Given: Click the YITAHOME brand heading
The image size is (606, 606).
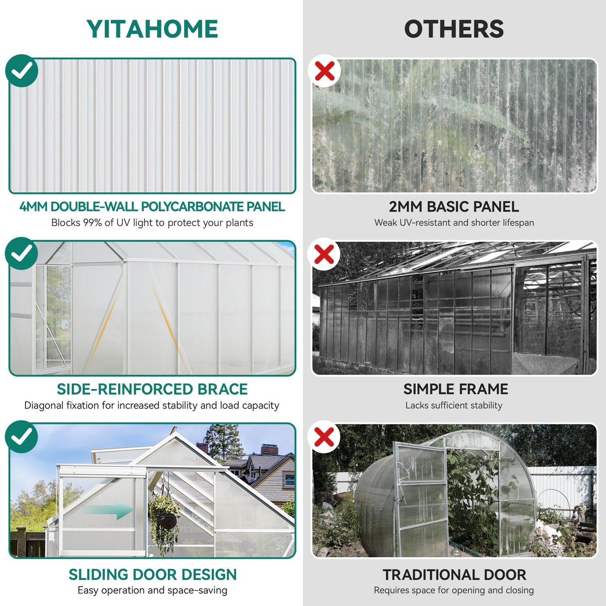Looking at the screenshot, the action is click(x=152, y=29).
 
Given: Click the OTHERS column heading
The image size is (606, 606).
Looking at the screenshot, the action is click(x=454, y=29).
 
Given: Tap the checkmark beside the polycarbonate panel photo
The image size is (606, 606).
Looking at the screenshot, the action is click(x=22, y=71).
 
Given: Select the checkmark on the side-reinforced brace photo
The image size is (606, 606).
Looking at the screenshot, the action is click(x=22, y=253).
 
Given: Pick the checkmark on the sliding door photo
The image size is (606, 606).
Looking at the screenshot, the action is click(x=22, y=437).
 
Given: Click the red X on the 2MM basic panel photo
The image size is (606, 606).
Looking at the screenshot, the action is click(x=324, y=71).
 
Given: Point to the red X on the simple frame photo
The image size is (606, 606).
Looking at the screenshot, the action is click(x=324, y=254).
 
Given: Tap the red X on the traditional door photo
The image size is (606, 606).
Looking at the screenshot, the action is click(x=324, y=437).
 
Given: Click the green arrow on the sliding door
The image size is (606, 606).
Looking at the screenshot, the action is click(x=109, y=510).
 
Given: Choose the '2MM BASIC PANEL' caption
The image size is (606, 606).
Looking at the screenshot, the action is click(x=454, y=207).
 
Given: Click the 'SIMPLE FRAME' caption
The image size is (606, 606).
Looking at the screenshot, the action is click(x=456, y=389).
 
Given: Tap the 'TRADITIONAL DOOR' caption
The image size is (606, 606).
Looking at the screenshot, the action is click(x=455, y=575).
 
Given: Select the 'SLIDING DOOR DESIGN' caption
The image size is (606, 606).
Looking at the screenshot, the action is click(x=153, y=575).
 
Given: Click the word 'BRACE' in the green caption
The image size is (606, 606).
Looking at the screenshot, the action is click(x=222, y=389).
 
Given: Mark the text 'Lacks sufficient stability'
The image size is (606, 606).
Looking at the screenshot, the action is click(x=454, y=406).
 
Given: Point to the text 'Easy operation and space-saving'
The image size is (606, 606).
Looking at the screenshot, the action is click(x=153, y=590).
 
